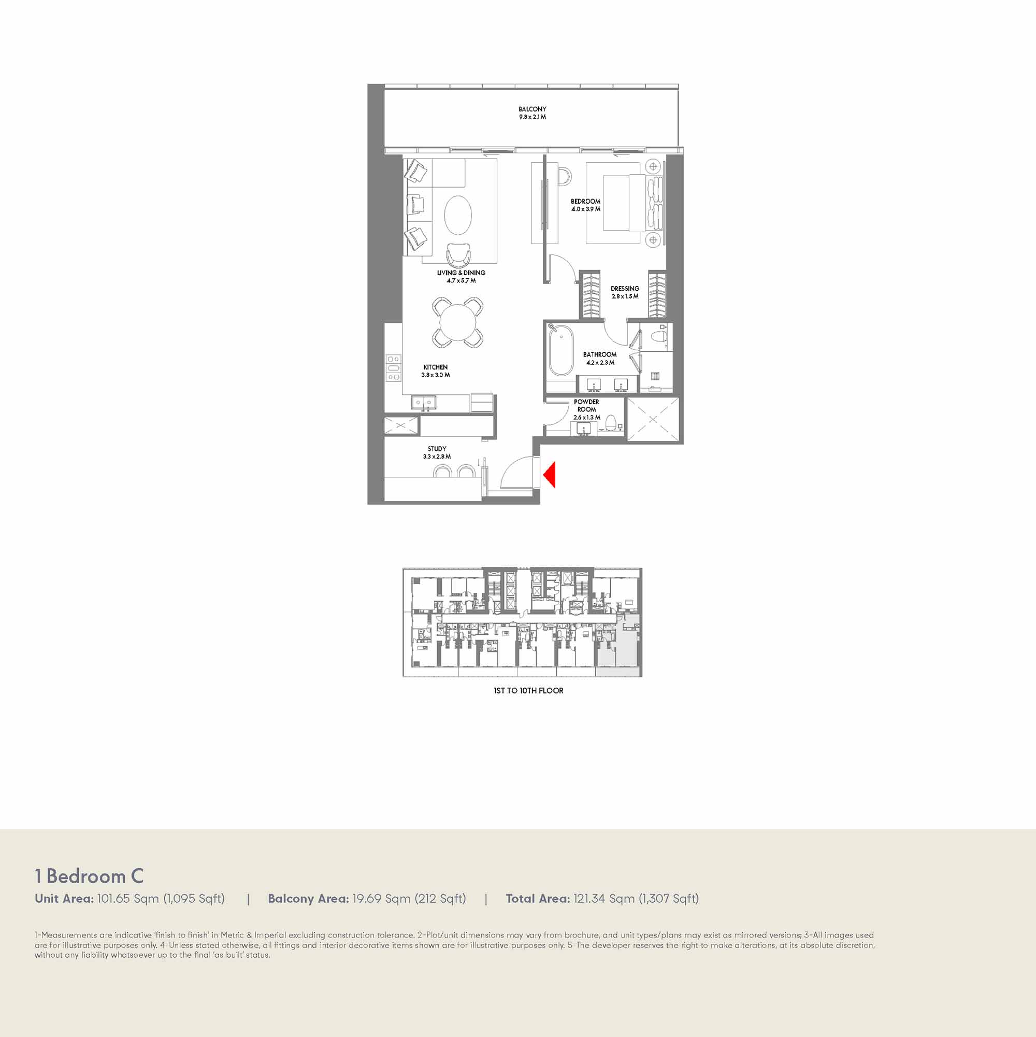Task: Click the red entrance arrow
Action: click(550, 475)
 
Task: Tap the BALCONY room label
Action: click(532, 109)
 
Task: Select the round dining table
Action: click(457, 322)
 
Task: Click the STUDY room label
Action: click(437, 449)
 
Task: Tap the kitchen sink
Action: click(424, 402)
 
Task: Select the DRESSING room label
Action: click(625, 289)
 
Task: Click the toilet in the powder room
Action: click(611, 422)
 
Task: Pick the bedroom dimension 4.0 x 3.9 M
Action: click(586, 209)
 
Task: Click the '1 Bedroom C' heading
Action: click(89, 876)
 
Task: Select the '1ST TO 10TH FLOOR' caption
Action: click(528, 691)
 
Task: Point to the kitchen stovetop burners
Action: click(393, 368)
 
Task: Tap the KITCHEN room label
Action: click(436, 367)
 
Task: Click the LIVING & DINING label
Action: click(462, 273)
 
